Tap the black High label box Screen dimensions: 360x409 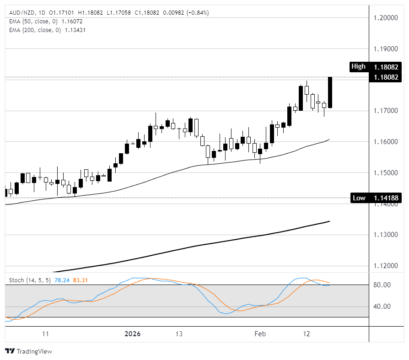coord(359,67)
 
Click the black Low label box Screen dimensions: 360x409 coord(359,198)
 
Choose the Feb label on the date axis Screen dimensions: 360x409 coord(259,334)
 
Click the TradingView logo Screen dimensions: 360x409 coord(28,351)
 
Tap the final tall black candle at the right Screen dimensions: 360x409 coord(330,93)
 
